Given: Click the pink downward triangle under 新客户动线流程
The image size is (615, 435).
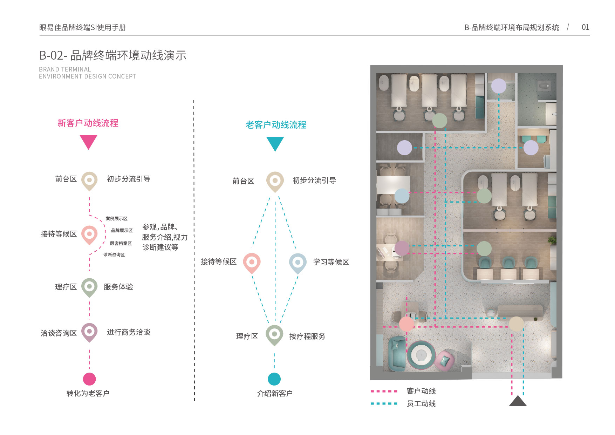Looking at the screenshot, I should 88,141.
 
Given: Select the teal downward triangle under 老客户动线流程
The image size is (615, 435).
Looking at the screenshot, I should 275,143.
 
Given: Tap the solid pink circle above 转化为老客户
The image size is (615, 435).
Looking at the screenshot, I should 89,379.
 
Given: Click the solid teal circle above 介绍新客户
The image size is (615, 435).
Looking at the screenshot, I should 274,379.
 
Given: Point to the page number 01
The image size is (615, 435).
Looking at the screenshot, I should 585,27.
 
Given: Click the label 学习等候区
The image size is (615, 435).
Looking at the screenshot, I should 331,262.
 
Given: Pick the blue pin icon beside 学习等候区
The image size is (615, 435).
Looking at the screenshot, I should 298,263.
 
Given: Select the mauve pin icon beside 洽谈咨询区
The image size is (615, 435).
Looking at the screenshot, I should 89,332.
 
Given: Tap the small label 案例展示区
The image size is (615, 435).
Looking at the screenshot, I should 116,219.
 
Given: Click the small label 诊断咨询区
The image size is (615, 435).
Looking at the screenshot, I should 114,255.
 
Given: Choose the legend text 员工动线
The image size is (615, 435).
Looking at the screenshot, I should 421,404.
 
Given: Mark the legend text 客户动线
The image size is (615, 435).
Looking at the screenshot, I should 421,391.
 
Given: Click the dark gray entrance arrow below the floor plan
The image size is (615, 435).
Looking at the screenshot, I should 518,401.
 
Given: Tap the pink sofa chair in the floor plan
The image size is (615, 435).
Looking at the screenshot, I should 445,360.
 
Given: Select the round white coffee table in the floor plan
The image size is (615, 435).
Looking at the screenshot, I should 421,355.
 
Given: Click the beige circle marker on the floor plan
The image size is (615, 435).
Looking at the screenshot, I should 516,324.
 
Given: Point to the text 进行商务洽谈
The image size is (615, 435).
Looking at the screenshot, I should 129,332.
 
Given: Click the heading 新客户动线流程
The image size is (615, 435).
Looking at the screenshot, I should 88,123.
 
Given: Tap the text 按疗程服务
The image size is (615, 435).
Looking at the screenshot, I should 307,337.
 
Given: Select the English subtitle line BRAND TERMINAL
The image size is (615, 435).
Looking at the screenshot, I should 65,69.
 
